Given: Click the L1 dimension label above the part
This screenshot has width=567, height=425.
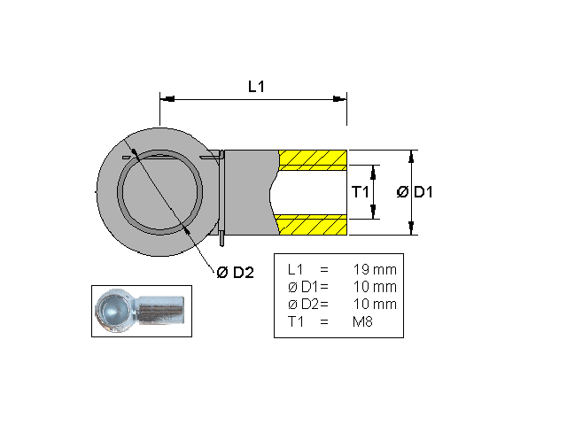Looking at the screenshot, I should click(257, 86).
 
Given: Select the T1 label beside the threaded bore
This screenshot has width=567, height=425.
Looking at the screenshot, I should click(360, 192).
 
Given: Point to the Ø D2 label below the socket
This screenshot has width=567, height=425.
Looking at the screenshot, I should click(236, 273).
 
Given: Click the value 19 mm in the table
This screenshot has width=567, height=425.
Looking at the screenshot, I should click(375, 268).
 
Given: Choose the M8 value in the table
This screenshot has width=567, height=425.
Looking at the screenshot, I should click(364, 322).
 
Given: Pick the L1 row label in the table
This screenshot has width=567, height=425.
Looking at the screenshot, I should click(296, 268).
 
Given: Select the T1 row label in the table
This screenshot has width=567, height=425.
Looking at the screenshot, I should click(296, 322).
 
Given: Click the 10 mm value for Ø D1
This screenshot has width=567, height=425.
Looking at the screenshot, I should click(375, 287).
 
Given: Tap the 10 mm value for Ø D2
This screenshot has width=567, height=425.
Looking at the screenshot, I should click(375, 305).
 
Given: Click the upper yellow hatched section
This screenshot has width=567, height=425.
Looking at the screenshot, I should click(314, 160).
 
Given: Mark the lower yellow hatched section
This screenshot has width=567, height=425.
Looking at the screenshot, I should click(314, 225).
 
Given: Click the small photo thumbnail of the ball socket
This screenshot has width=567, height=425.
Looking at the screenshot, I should click(142, 311).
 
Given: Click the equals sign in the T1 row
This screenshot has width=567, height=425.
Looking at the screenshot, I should click(323, 322).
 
